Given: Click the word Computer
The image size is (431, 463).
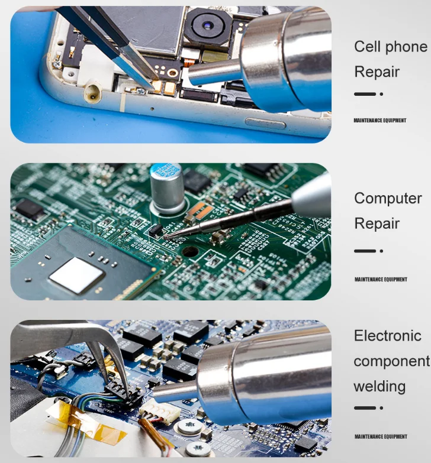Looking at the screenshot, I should click(388, 199).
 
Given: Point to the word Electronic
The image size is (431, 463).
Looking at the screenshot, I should click(387, 336).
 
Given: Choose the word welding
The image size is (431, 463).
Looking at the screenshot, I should click(379, 387).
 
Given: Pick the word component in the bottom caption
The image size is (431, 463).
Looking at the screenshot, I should click(391, 361).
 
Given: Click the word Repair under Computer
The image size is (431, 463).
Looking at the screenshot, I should click(377, 224).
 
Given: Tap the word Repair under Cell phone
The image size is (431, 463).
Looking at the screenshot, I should click(377, 72).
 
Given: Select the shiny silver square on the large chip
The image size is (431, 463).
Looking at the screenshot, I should click(76, 276).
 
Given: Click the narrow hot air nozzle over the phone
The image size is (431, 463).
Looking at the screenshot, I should click(214, 75).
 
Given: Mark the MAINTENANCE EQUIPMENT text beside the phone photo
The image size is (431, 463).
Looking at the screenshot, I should click(379, 121).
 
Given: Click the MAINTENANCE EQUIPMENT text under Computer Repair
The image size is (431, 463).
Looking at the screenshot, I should click(381, 280).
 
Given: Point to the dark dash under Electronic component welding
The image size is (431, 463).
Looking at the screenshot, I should click(365, 408).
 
